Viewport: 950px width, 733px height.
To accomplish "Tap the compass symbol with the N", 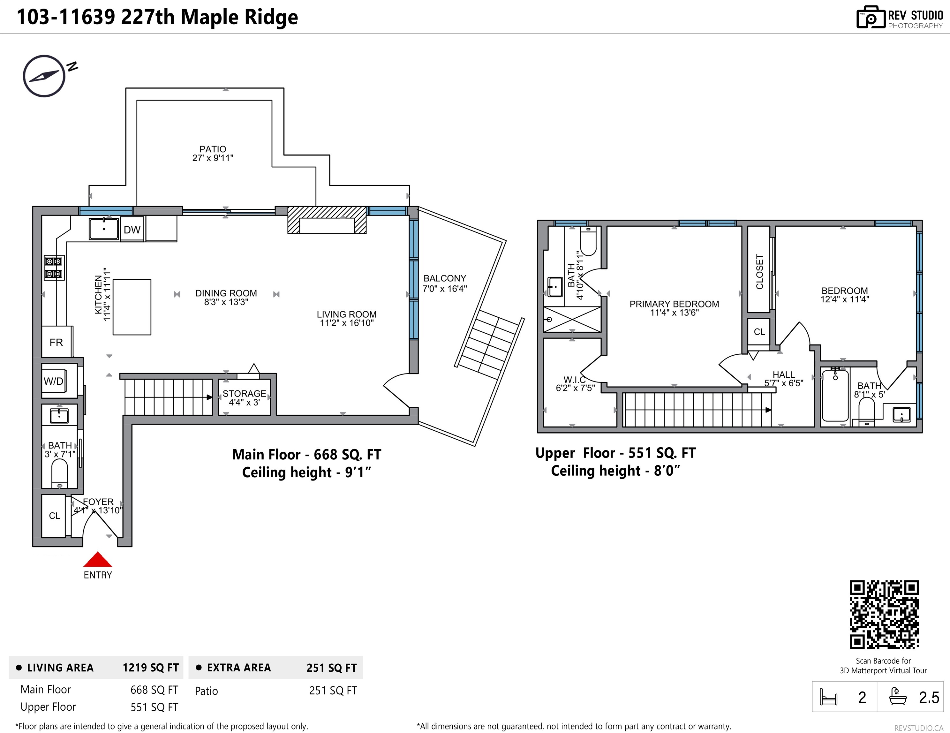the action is pyautogui.click(x=44, y=76).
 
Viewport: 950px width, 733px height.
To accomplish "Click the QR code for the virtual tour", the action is pyautogui.click(x=884, y=614).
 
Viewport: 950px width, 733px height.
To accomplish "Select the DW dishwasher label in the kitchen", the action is pyautogui.click(x=132, y=230).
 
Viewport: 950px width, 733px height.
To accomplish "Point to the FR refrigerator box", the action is pyautogui.click(x=57, y=342).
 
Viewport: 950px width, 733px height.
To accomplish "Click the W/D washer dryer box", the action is pyautogui.click(x=54, y=382).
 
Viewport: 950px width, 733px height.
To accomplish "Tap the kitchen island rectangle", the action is pyautogui.click(x=132, y=307).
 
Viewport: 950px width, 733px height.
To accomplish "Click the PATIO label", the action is pyautogui.click(x=213, y=149).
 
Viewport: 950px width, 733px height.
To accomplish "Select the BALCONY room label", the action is pyautogui.click(x=445, y=278).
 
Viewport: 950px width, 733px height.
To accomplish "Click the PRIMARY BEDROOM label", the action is pyautogui.click(x=674, y=304).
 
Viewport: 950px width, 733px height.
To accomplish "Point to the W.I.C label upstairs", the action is pyautogui.click(x=575, y=380).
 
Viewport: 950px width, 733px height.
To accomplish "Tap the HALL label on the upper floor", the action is pyautogui.click(x=784, y=374).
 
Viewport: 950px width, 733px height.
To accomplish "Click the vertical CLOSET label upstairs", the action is pyautogui.click(x=759, y=271).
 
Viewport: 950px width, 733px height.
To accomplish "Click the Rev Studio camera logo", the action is pyautogui.click(x=871, y=18).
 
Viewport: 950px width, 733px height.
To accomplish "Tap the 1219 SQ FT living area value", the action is pyautogui.click(x=150, y=668).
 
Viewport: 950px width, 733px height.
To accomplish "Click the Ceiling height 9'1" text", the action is pyautogui.click(x=307, y=472).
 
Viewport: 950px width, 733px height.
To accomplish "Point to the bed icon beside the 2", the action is pyautogui.click(x=828, y=697).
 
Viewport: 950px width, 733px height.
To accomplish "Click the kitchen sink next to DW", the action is pyautogui.click(x=104, y=229).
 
